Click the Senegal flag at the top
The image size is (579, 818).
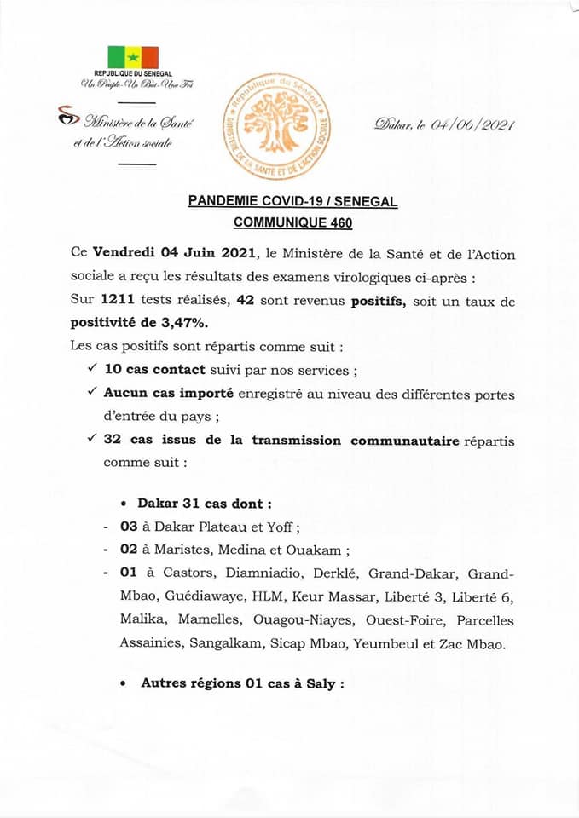(x=132, y=56)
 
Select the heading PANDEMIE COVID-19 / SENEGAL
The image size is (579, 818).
(x=292, y=202)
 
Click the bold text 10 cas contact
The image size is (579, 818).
(x=153, y=371)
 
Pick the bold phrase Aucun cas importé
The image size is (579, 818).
(x=163, y=395)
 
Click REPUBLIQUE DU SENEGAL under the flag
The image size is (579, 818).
(x=133, y=75)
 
